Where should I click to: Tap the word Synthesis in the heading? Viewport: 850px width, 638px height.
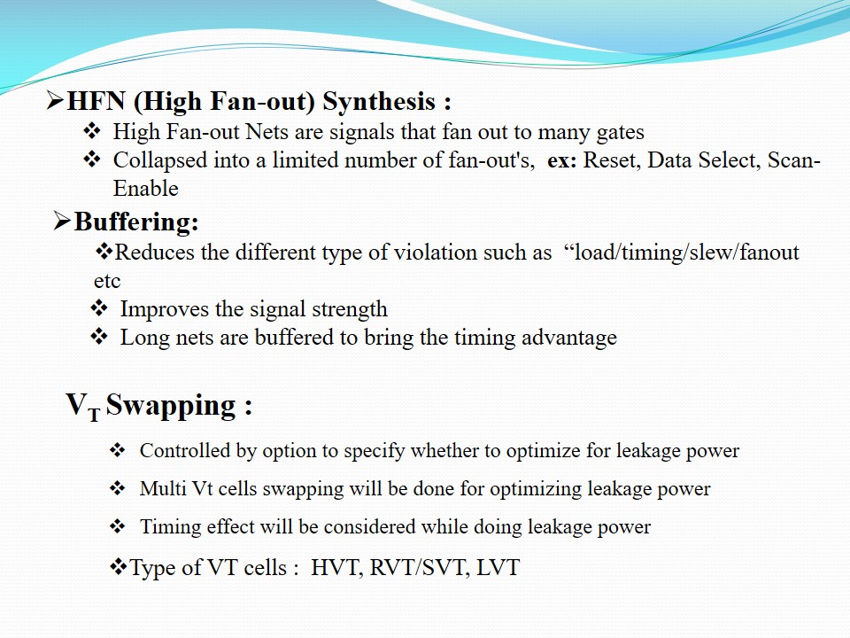[x=379, y=102]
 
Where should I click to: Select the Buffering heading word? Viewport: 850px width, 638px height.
[x=136, y=222]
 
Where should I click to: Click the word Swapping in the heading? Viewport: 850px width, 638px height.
[x=171, y=406]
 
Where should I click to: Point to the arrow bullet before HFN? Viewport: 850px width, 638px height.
[x=55, y=101]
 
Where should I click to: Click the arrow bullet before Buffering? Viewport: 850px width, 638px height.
[x=62, y=222]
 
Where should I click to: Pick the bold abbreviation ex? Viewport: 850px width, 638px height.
[x=561, y=161]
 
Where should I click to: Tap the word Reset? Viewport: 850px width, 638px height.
[x=612, y=160]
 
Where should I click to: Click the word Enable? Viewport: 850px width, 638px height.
[x=145, y=188]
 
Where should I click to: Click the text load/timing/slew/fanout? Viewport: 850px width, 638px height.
[x=687, y=253]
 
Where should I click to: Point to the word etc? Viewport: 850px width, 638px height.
[x=107, y=282]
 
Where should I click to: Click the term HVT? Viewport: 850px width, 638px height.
[x=336, y=567]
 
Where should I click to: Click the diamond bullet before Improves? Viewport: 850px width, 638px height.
[x=99, y=308]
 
